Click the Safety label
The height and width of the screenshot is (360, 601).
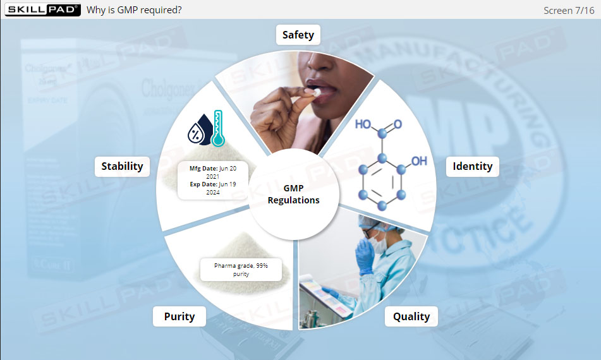point(298,35)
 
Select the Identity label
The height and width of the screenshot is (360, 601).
point(472,167)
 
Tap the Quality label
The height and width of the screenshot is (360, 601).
point(411,316)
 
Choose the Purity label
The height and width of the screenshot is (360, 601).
point(179,316)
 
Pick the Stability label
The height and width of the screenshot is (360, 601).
point(123,167)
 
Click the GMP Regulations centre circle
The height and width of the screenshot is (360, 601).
point(293,195)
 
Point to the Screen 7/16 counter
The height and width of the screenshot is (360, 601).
point(569,11)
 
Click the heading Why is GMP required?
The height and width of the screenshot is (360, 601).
point(134,10)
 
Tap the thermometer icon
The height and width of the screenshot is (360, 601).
point(218,128)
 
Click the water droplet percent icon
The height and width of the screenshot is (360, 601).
point(198,130)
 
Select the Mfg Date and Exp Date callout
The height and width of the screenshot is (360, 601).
point(213,181)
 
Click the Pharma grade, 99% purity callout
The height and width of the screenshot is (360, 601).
point(241,270)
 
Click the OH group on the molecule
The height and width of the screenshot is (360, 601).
point(419,161)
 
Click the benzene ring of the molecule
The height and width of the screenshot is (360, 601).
point(383,183)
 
